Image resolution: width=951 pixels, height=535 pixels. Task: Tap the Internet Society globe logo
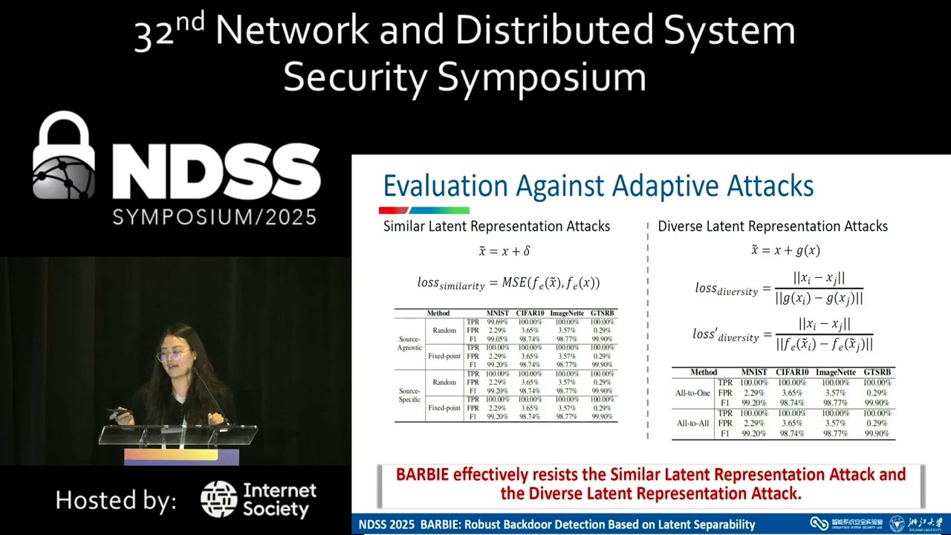coord(219,499)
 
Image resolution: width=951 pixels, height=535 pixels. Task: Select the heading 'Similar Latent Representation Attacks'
coord(496,226)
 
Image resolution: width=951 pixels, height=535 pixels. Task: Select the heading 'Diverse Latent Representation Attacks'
coord(773,226)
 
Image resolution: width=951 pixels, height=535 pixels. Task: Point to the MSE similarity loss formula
coord(508,283)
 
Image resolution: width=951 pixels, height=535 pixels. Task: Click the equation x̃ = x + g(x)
coord(785,250)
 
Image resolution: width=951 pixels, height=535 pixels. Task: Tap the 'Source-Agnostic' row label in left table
coord(409,343)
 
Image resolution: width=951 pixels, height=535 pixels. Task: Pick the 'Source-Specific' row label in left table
coord(409,395)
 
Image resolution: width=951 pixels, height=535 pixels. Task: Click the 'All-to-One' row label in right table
coord(694,393)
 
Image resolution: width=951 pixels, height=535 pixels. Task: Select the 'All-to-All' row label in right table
coord(694,424)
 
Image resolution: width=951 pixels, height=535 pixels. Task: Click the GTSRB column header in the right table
coord(877,372)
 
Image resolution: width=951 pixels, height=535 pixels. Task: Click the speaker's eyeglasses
coord(172,355)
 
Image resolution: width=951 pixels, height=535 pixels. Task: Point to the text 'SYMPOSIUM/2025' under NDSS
coord(215,217)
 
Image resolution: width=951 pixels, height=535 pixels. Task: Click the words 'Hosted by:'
coord(116,500)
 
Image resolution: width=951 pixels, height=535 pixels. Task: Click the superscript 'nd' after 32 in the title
coord(190,22)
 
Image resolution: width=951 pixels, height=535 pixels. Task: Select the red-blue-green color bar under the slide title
coord(424,210)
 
